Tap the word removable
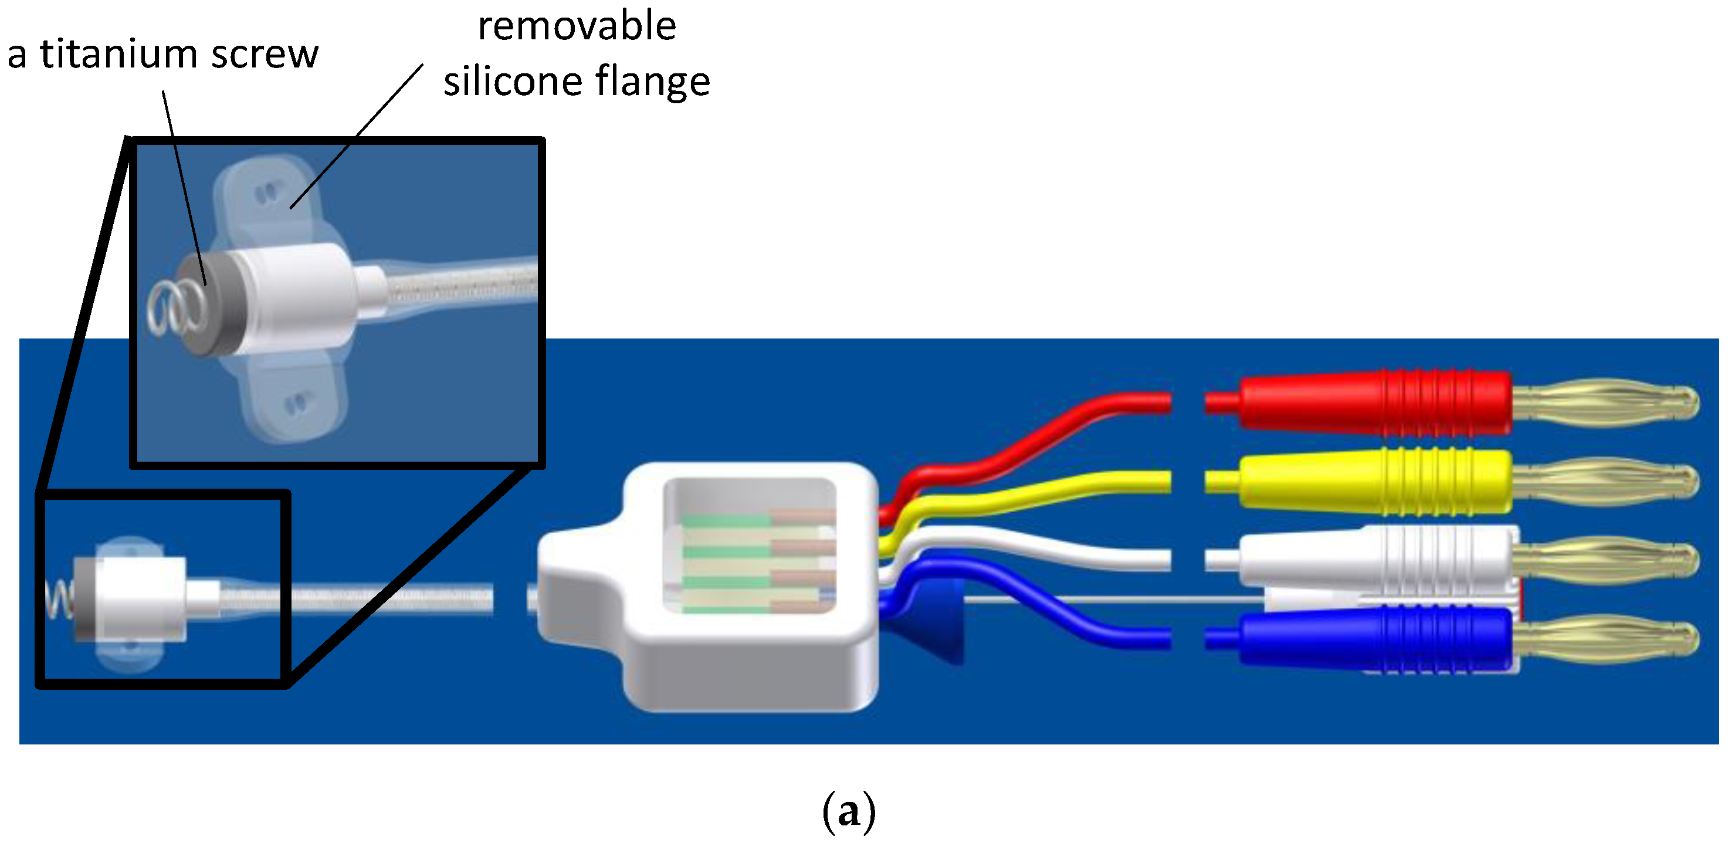pos(577,27)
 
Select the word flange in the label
pos(653,82)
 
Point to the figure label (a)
pos(849,811)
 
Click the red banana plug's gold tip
pos(1606,403)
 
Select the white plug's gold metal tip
pos(1606,559)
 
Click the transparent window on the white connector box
pos(750,546)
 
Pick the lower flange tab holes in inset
pos(295,404)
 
